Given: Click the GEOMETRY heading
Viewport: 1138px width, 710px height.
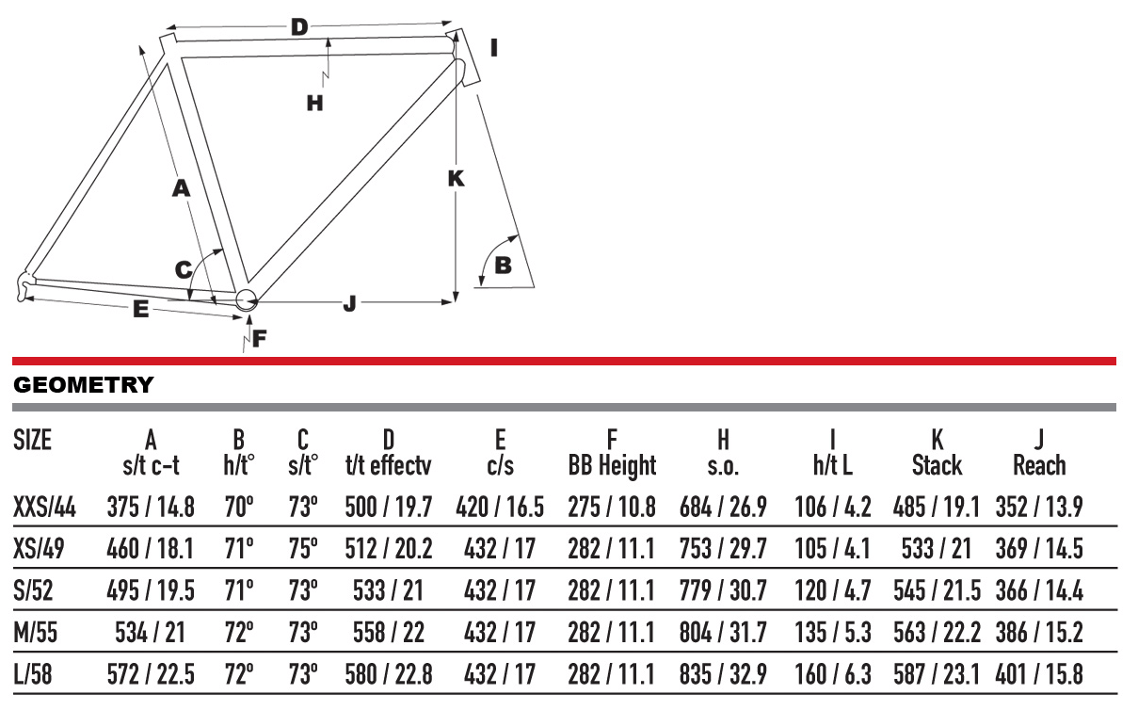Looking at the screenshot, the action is [84, 385].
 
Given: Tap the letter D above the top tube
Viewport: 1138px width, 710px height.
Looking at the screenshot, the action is [299, 27].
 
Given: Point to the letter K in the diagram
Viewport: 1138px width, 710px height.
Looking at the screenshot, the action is [456, 179].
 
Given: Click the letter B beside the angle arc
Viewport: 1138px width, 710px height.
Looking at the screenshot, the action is [503, 266].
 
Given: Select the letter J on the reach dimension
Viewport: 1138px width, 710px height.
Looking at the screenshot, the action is [349, 304].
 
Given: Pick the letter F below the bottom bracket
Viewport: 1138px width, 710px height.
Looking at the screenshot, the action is [259, 338].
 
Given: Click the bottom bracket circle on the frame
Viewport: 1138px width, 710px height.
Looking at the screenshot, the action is [247, 299].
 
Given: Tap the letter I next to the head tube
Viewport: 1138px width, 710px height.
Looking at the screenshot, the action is [494, 48].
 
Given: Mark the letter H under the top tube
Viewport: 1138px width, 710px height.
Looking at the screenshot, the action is [315, 104].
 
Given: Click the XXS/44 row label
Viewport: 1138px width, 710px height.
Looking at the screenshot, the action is [44, 508].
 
